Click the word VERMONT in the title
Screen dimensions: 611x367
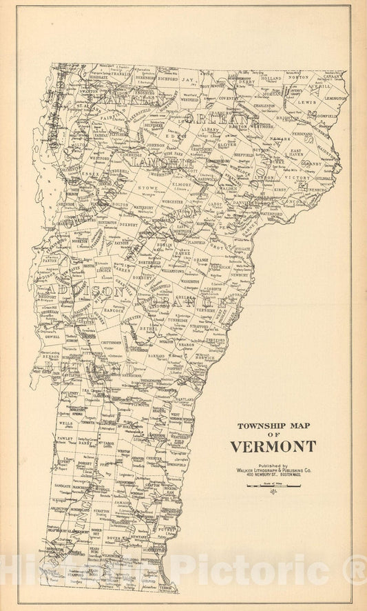[x=273, y=446]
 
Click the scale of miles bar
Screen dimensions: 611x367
[x=274, y=485]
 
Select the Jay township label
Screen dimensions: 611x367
[x=187, y=80]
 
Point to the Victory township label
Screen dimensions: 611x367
[x=302, y=177]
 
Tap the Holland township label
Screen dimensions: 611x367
[x=271, y=79]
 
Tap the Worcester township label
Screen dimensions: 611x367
[x=172, y=203]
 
